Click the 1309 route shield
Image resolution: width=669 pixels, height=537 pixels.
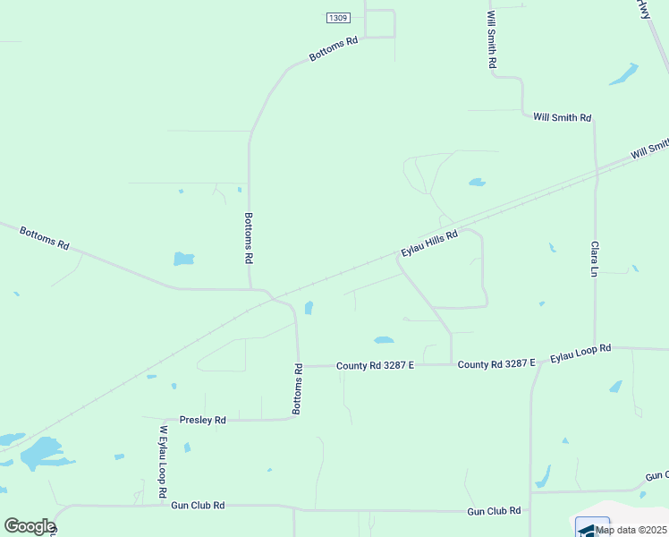coord(337,17)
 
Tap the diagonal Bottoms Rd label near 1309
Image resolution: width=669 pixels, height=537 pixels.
coord(334,48)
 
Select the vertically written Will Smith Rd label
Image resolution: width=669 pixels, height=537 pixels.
coord(491,41)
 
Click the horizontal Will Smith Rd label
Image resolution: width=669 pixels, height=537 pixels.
coord(562,117)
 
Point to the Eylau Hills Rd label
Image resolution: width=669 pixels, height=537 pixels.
coord(429,243)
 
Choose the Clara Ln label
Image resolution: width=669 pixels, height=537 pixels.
coord(593,258)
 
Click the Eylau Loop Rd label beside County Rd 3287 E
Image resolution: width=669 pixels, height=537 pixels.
coord(580,353)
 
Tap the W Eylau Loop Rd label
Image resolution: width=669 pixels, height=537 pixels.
coord(164,462)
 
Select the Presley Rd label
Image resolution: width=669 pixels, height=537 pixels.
coord(203,419)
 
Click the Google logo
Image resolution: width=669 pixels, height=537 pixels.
coord(30,526)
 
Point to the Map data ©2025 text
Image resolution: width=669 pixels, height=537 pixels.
coord(631,530)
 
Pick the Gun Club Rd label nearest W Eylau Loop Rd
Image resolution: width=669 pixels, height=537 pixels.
coord(198,506)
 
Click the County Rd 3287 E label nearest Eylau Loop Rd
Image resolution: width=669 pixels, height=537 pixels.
coord(495,364)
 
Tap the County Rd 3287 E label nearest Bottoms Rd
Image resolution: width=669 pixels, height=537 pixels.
coord(375,365)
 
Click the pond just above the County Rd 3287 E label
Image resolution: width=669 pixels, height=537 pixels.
coord(383,340)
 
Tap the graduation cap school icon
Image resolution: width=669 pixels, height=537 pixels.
coord(591,529)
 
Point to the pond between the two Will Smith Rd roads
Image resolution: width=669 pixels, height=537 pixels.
coord(477,182)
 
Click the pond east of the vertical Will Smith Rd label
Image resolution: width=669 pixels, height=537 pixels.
coord(623,74)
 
